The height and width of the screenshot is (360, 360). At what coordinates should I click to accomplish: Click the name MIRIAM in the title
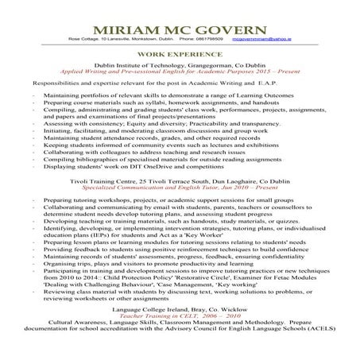tap(131, 21)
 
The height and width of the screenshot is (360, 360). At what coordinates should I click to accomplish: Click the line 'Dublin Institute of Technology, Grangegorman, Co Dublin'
tap(180, 70)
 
